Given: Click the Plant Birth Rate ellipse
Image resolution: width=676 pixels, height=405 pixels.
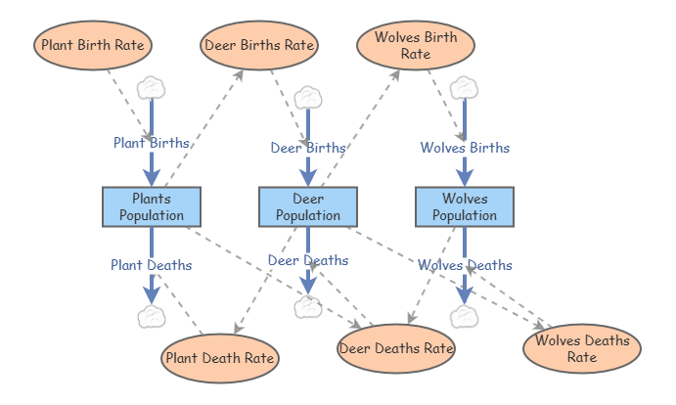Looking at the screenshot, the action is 93,45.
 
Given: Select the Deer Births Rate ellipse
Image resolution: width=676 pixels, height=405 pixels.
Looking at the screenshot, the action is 259,45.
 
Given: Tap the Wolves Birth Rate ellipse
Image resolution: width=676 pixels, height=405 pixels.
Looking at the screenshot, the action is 416,45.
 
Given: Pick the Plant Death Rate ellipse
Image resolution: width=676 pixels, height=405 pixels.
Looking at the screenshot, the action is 220,358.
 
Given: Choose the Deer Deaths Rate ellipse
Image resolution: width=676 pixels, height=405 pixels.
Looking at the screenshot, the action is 396,348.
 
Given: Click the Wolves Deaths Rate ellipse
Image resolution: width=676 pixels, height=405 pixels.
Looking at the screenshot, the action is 582,348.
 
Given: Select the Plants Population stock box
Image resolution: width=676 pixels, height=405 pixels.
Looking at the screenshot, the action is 152,206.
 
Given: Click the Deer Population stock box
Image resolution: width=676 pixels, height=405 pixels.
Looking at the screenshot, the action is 308,206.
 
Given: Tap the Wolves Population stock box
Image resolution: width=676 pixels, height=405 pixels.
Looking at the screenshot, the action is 465,206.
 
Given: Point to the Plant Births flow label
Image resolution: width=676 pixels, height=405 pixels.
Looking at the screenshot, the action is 152,143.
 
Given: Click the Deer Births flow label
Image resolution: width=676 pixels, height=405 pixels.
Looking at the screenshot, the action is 308,148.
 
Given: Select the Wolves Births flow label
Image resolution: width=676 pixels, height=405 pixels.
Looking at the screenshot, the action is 465,148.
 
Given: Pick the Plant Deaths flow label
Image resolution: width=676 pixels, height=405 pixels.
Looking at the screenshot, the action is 152,265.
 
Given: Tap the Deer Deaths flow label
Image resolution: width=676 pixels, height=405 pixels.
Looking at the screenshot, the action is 308,260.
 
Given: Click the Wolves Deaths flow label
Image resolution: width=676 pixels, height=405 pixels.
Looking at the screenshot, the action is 465,265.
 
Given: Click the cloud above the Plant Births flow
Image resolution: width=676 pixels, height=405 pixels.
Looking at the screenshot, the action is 152,88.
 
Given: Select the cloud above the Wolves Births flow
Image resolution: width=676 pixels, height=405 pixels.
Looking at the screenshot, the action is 465,88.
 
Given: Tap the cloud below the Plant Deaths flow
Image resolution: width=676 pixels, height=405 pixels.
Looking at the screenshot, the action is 152,316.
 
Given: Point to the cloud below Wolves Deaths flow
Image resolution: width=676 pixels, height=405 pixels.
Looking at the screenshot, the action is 465,316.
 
